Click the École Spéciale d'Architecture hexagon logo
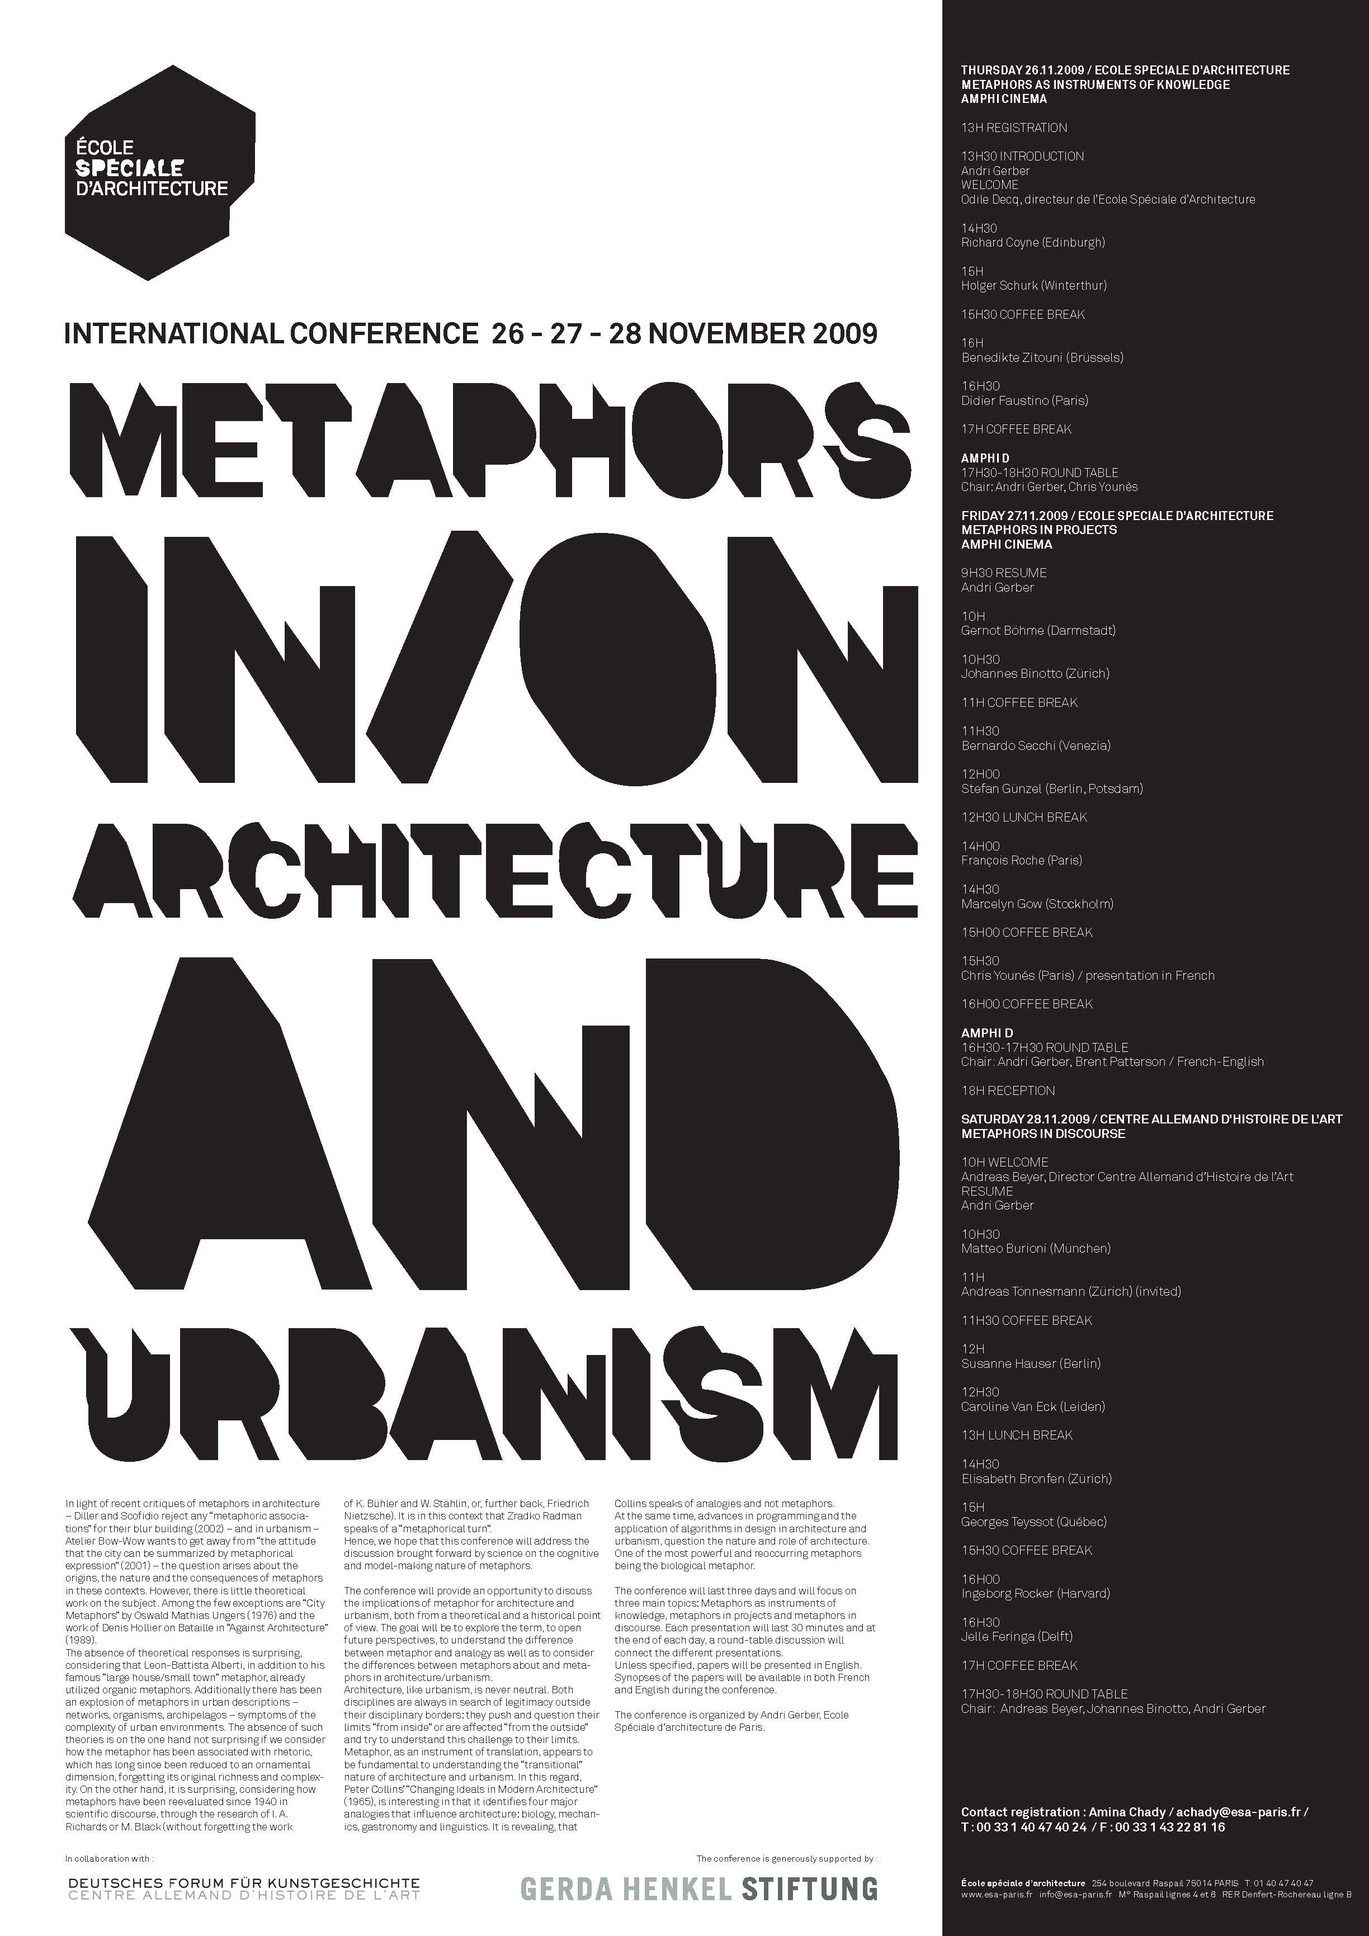click(x=160, y=172)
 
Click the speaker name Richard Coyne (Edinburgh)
click(x=1033, y=243)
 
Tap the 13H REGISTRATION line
click(x=1014, y=128)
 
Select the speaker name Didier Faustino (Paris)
click(x=1024, y=400)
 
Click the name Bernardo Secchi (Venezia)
click(x=1036, y=745)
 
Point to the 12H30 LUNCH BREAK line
click(x=1024, y=817)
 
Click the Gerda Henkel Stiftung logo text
click(x=699, y=1889)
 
